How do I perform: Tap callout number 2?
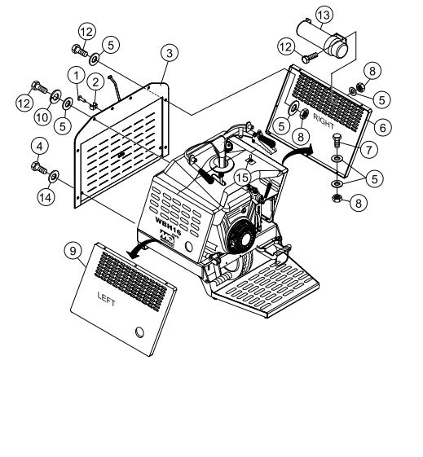point(95,80)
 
